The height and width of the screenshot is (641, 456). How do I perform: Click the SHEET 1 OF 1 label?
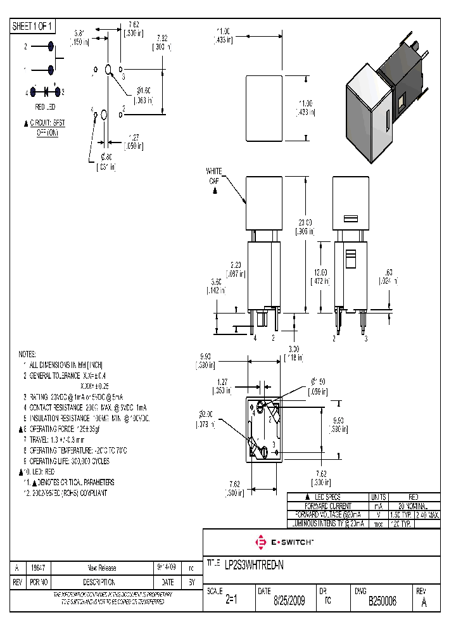click(33, 27)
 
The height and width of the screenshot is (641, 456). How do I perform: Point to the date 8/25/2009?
click(288, 602)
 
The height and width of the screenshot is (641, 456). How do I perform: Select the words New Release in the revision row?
click(102, 568)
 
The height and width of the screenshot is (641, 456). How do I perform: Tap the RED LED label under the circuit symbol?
click(44, 107)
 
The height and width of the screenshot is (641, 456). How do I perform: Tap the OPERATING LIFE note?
click(70, 461)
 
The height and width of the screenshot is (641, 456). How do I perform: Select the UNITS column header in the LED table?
click(379, 497)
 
